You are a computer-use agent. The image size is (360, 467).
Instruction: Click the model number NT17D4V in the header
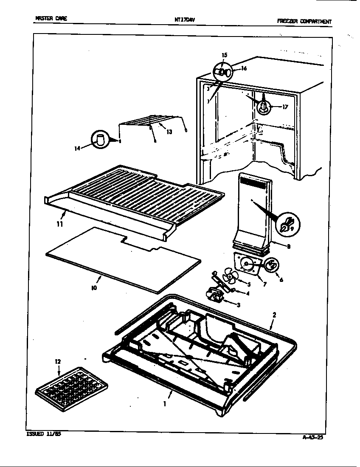pos(184,19)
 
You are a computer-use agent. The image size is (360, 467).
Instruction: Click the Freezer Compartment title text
pos(304,21)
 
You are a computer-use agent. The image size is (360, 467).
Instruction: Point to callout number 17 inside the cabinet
pos(285,107)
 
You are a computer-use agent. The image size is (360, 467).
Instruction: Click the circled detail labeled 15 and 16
pos(223,73)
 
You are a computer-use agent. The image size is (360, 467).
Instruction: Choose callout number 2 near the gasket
pos(274,315)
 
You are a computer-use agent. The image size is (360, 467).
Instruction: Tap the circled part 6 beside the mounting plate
pos(272,266)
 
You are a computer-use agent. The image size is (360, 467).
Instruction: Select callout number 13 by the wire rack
pos(169,132)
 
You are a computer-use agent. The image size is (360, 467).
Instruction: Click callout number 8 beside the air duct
pos(289,246)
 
